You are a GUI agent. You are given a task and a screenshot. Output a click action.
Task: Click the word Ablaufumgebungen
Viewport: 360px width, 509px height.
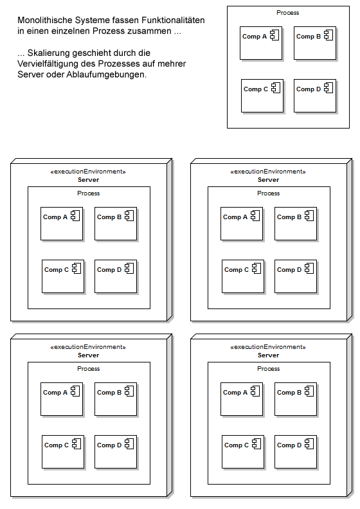[107, 75]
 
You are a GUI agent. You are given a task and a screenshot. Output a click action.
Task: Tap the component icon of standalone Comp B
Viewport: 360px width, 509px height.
[328, 35]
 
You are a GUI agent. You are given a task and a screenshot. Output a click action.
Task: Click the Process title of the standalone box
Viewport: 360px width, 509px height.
[287, 13]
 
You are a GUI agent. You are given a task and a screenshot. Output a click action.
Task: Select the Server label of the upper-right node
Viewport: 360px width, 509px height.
[269, 180]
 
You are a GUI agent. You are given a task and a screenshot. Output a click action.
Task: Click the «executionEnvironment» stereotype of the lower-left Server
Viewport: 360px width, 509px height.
[88, 347]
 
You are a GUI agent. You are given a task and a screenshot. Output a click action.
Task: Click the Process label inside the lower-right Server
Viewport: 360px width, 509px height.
[269, 369]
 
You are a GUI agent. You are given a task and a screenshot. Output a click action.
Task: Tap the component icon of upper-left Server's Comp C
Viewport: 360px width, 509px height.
[76, 269]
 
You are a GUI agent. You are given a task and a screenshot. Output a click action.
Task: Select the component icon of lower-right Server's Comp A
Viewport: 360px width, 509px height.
[255, 391]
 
